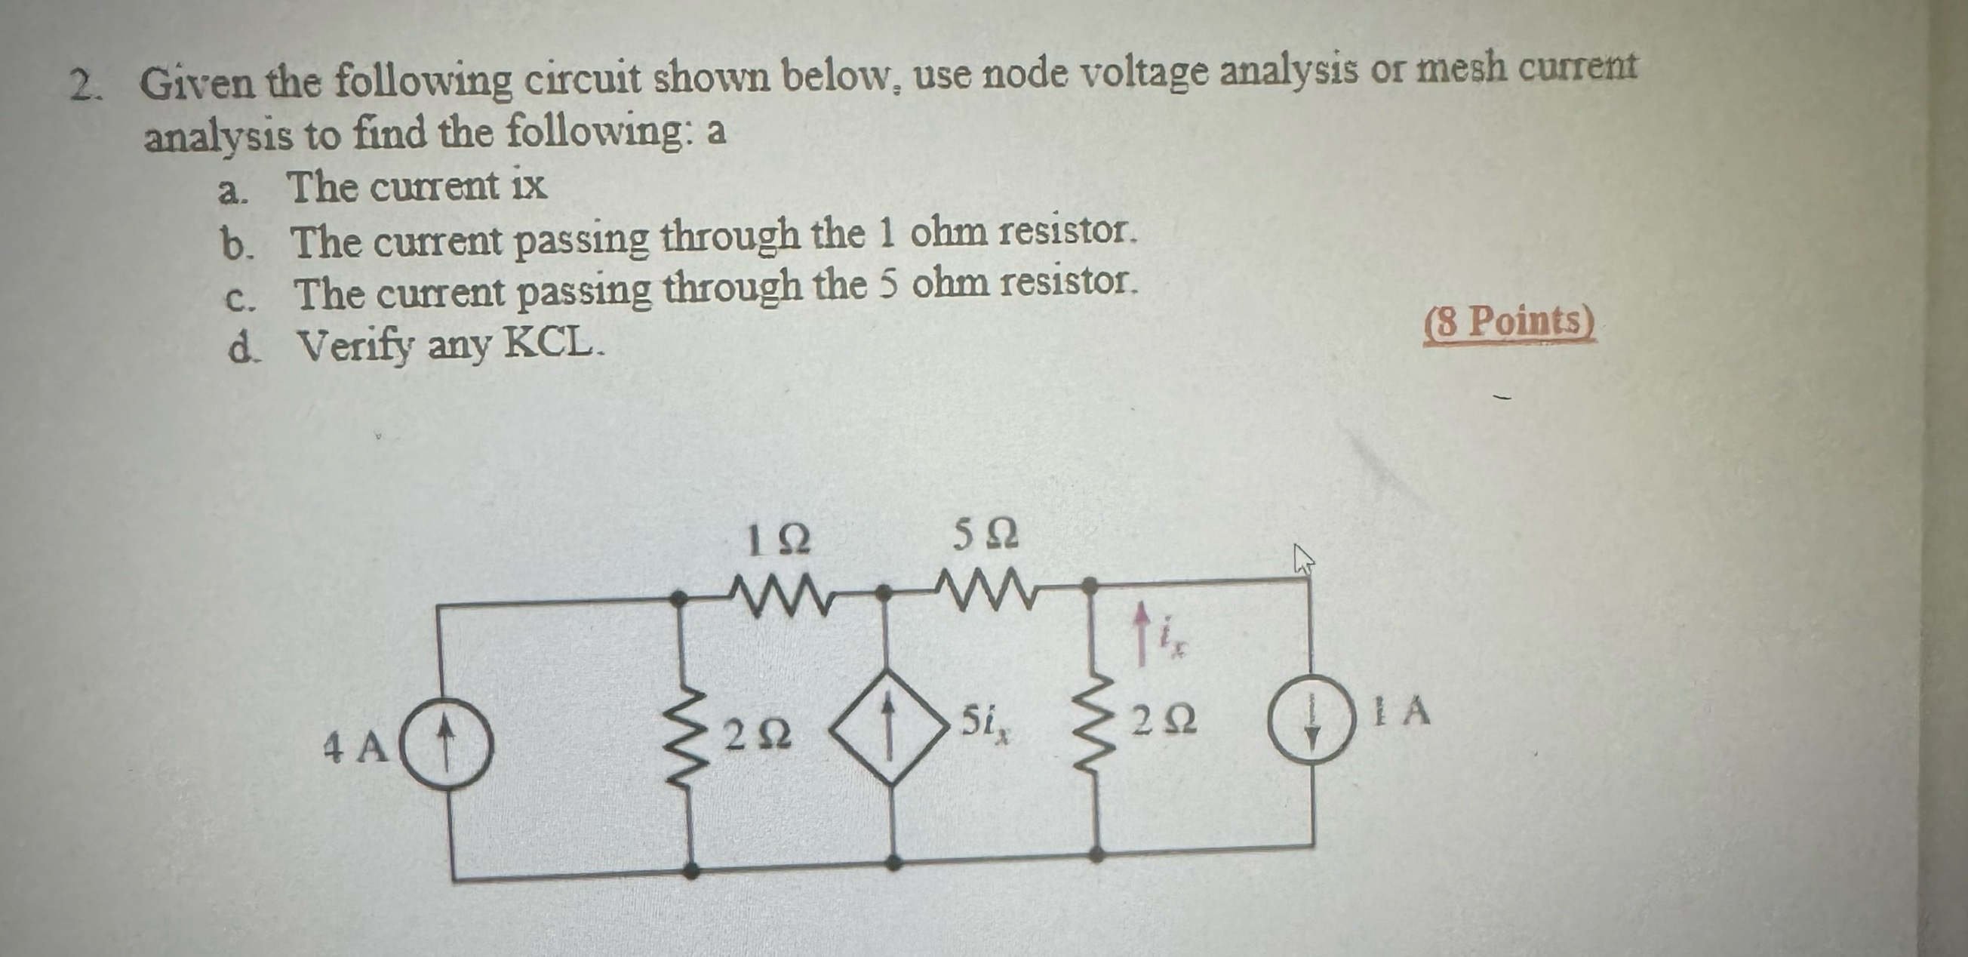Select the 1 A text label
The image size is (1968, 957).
click(1400, 712)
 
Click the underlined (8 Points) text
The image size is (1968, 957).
click(1509, 322)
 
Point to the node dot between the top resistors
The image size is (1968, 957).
click(883, 591)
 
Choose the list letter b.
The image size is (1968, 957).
click(235, 246)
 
